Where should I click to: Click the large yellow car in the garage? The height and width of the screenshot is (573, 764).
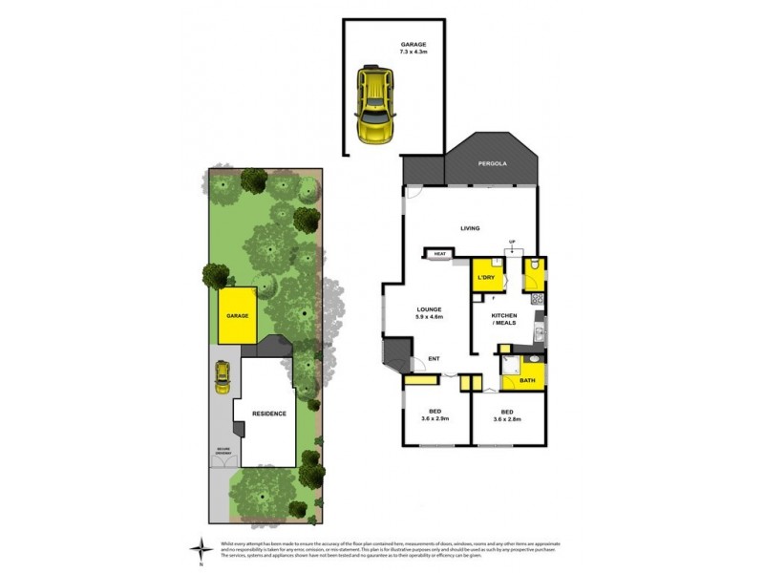[x=374, y=103]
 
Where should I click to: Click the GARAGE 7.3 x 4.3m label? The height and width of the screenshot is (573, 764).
[x=414, y=50]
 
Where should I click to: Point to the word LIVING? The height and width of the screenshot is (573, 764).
[x=469, y=228]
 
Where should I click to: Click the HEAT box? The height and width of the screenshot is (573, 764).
[x=440, y=254]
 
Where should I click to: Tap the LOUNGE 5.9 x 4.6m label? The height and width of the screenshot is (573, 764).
[x=429, y=314]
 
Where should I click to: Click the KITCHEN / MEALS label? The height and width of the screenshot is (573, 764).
[x=505, y=319]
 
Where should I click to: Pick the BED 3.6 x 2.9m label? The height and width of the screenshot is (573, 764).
[x=435, y=415]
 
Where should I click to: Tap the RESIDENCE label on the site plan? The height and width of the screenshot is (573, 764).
[x=269, y=414]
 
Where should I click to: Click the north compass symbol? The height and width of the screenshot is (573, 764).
[x=200, y=548]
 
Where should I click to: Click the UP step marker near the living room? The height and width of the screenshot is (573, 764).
[x=512, y=243]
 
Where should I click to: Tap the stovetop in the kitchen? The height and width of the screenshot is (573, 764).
[x=540, y=299]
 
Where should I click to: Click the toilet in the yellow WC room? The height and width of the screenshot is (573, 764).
[x=537, y=266]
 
